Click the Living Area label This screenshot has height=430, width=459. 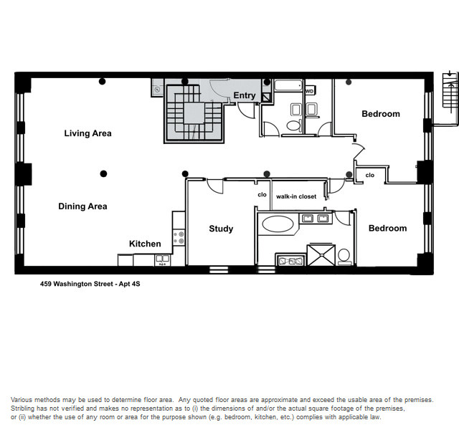coord(87,133)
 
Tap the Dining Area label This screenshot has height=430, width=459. coord(83,206)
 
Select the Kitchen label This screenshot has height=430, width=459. coord(145,244)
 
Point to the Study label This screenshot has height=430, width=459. coord(221,229)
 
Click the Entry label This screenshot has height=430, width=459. coord(245,95)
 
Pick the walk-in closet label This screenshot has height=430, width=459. coord(296,196)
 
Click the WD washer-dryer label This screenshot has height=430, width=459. coord(309,91)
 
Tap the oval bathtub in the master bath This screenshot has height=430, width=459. coord(278,224)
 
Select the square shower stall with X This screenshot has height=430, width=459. coord(321,255)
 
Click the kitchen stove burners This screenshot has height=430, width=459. coord(179,237)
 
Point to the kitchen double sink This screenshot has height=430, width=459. coord(162,259)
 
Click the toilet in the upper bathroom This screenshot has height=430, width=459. coord(293,125)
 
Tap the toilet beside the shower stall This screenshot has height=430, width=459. coord(344,257)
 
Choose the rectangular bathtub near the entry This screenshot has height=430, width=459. coord(288,86)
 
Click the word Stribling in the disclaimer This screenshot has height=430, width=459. coord(22,408)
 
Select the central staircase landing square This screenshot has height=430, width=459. coord(194,113)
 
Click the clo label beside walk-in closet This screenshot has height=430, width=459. coord(262,194)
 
